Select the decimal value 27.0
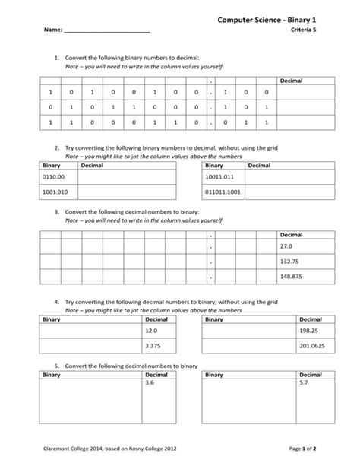click(286, 247)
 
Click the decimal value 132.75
click(289, 262)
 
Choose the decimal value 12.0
click(150, 331)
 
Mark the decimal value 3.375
click(151, 347)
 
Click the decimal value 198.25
click(308, 331)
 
